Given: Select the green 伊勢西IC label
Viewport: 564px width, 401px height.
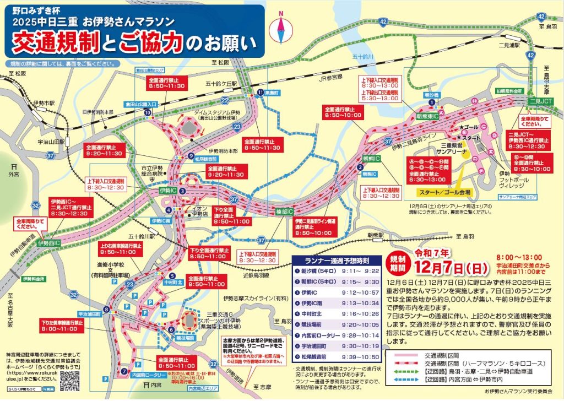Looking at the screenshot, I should [x=49, y=242].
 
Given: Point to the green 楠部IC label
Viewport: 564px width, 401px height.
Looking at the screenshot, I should [x=285, y=212].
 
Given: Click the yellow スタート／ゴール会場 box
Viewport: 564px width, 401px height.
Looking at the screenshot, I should [x=440, y=192].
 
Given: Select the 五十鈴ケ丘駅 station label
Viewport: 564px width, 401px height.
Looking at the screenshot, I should [x=221, y=84].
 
